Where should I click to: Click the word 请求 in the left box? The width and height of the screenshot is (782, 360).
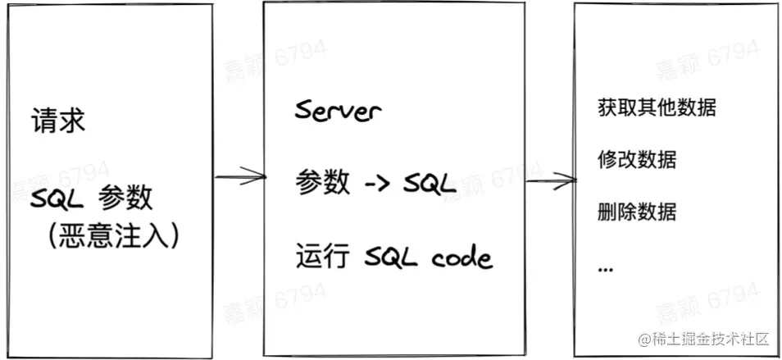57,122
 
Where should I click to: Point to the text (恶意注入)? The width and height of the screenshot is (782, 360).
113,235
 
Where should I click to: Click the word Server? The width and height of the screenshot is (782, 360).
338,111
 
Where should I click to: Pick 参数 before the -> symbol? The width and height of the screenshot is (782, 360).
321,183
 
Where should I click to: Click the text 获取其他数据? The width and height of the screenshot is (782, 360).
657,107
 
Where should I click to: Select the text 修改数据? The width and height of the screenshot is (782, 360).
637,158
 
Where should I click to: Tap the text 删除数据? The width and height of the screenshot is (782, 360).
637,211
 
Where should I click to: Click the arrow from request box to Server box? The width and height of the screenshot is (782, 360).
239,175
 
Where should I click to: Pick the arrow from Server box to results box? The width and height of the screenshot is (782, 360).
548,180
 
